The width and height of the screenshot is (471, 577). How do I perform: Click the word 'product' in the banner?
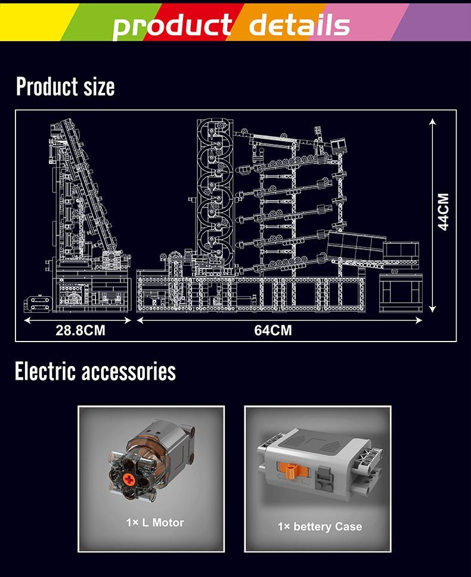172,26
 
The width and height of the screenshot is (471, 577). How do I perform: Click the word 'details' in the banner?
299,24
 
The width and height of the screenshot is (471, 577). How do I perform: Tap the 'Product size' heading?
66,86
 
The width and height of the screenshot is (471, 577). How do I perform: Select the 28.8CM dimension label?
80,330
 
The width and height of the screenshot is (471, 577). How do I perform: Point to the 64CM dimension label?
272,330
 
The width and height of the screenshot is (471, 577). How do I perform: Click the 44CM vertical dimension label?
444,212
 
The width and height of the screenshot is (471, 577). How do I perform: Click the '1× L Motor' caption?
154,523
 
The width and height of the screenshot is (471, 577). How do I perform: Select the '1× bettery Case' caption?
320,526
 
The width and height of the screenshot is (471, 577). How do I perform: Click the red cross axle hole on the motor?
129,479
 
